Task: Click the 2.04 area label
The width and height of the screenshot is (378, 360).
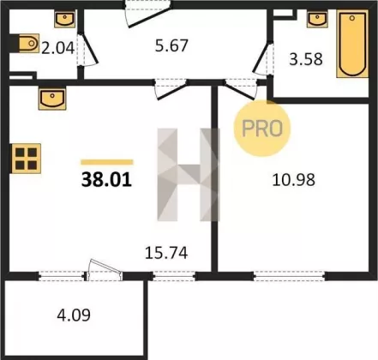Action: tap(57, 48)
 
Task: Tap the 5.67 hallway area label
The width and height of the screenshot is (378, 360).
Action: tap(171, 45)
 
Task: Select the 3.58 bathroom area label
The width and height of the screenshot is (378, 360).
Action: tap(306, 59)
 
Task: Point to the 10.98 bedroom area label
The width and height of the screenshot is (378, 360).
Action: tap(293, 180)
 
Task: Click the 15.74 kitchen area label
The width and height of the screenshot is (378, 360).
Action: tap(166, 253)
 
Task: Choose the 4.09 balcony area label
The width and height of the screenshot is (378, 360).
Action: tap(74, 315)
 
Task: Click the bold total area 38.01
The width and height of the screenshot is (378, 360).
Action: tap(106, 180)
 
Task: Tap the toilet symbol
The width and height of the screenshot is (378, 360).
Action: tap(28, 44)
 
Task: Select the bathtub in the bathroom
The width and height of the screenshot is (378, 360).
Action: tap(352, 44)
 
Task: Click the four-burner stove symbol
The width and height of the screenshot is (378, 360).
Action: tap(27, 159)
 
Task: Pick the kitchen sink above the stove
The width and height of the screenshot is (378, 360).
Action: tap(52, 99)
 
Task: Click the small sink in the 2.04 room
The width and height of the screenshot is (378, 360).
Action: tap(65, 19)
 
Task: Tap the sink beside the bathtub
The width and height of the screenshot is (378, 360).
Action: tap(317, 19)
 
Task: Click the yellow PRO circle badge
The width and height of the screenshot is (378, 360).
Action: tap(262, 128)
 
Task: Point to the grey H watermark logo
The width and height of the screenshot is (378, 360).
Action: tap(189, 175)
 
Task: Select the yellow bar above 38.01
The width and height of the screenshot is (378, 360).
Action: tap(107, 162)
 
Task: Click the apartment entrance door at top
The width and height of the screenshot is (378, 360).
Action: tap(148, 14)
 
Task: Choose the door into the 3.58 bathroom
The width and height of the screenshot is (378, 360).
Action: tap(263, 59)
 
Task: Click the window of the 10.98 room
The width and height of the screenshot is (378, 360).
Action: tap(290, 276)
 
